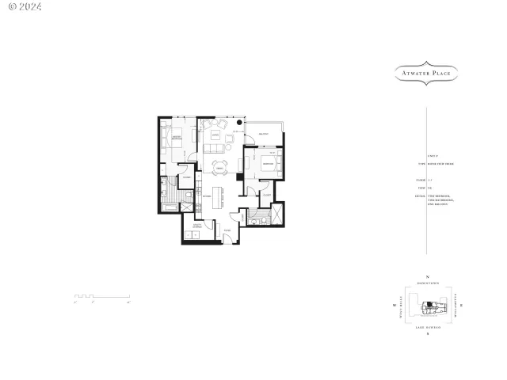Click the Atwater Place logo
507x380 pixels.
(427, 74)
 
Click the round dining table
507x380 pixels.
(219, 166)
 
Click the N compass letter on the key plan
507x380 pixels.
(427, 276)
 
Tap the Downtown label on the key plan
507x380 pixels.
(427, 284)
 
